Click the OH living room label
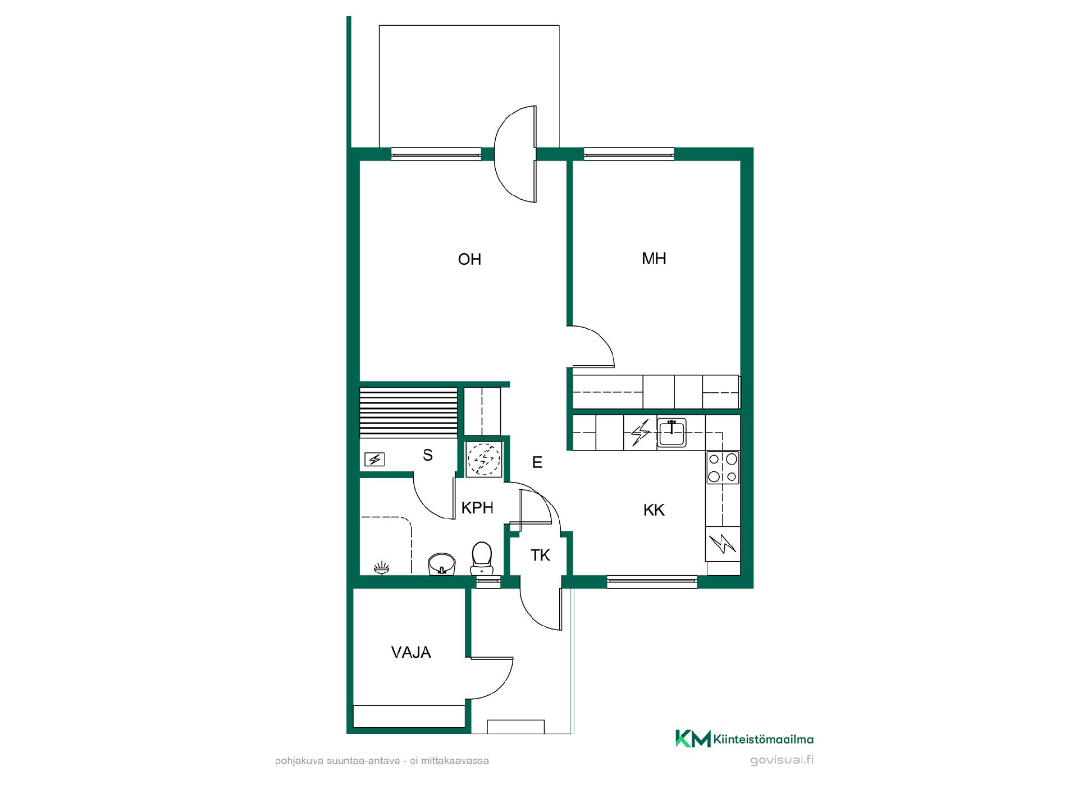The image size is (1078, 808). [x=469, y=259]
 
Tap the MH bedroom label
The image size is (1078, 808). [x=654, y=258]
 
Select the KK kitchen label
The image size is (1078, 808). [x=654, y=510]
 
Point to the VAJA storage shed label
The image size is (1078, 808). [x=411, y=653]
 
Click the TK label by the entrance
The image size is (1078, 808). [x=540, y=555]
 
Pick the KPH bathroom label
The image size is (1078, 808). [x=477, y=508]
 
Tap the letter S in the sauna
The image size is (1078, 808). [x=428, y=455]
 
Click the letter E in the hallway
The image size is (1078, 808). [x=537, y=462]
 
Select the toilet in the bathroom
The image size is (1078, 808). [x=481, y=558]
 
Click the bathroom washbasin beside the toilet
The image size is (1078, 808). [x=442, y=564]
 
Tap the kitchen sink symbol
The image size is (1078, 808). [x=672, y=433]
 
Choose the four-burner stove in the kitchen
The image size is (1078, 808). [x=723, y=467]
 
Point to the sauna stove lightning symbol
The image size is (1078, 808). [x=374, y=460]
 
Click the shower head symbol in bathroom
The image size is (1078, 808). [x=382, y=568]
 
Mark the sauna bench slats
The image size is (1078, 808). [x=408, y=412]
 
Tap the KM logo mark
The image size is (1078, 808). [x=693, y=738]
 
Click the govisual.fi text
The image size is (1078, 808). [x=782, y=760]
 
